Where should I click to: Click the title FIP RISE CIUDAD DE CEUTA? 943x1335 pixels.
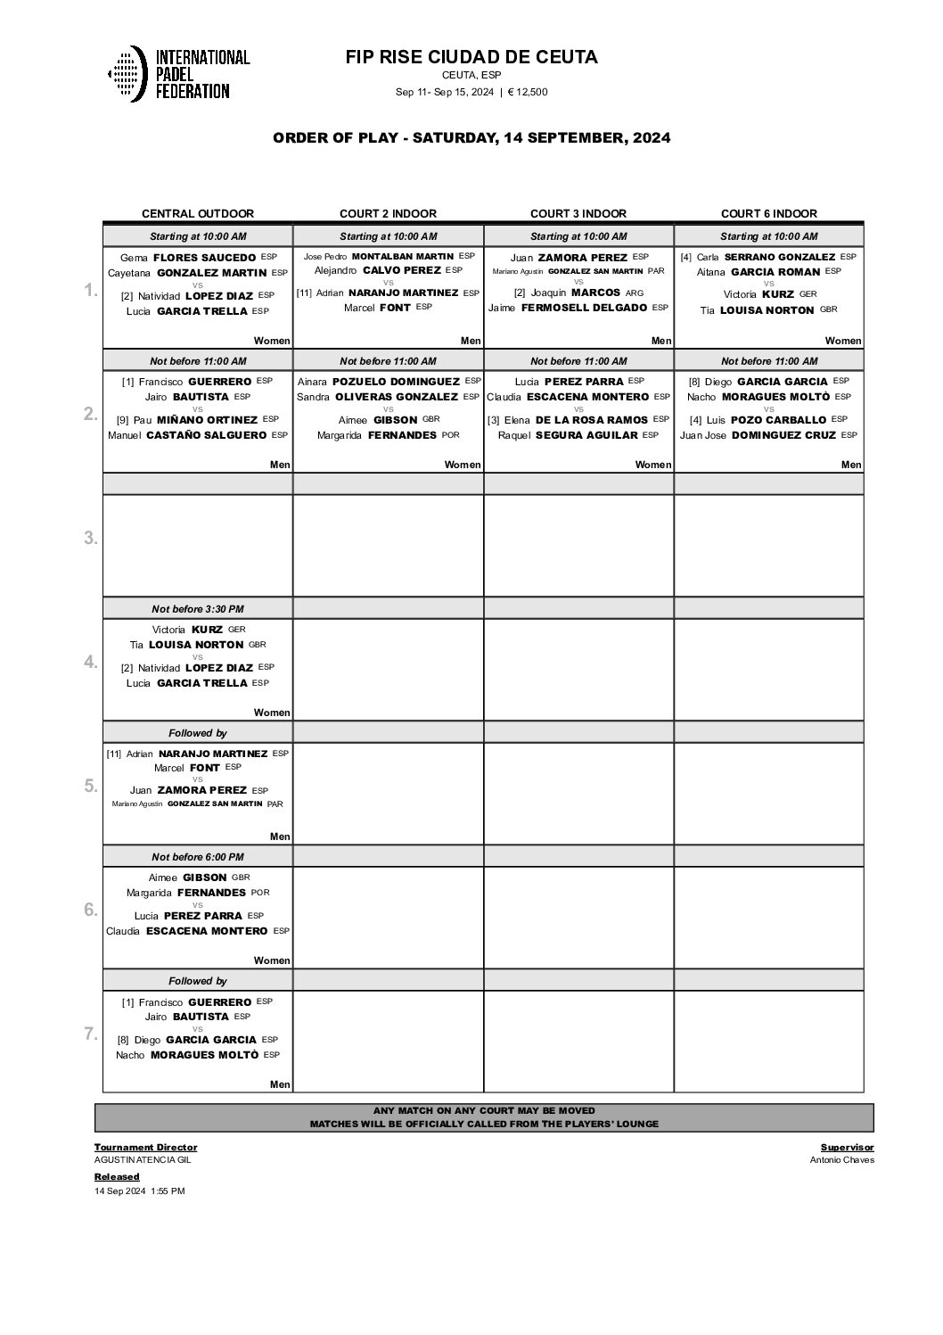pos(471,57)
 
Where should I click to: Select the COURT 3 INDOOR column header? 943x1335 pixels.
pos(578,213)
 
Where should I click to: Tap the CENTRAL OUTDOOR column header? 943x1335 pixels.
pos(198,213)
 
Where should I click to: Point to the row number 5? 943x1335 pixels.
pos(91,786)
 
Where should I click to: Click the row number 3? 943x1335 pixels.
pos(91,538)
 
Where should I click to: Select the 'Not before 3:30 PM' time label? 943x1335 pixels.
pos(198,609)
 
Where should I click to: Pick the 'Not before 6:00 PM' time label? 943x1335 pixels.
pos(198,857)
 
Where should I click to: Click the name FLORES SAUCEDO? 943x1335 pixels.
pos(204,258)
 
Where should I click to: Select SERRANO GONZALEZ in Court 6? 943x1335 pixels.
pos(780,257)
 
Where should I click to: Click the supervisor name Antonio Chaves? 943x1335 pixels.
pos(841,1160)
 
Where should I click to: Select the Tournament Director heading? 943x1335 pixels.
pos(145,1147)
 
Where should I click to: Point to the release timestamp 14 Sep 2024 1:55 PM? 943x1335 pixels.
pos(139,1191)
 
